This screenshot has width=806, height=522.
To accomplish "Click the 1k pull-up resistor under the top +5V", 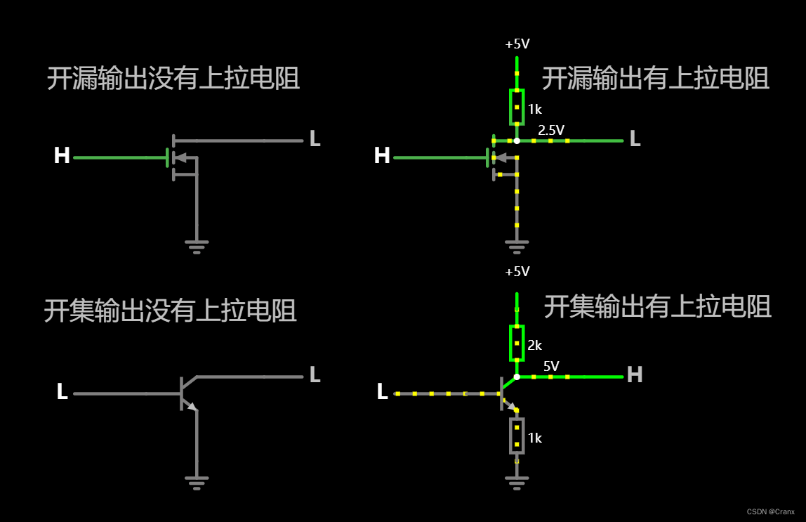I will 517,107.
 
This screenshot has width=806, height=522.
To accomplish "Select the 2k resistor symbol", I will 517,343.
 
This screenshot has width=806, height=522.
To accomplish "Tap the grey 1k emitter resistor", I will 517,436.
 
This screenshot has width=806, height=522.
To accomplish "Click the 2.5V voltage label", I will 551,130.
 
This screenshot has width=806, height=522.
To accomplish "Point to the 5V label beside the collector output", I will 551,366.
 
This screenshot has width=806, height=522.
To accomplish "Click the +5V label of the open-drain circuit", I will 517,44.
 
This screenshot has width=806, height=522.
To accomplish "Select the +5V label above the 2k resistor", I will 517,272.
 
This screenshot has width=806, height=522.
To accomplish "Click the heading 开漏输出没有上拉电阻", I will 173,78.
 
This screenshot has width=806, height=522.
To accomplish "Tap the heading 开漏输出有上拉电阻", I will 655,78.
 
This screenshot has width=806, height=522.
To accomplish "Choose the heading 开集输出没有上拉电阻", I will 171,310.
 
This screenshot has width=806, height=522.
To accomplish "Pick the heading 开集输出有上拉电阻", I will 657,306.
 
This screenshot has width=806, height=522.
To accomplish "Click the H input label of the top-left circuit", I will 62,156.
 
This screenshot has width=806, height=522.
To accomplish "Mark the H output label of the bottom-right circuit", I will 635,375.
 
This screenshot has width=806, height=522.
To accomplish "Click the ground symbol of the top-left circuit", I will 197,246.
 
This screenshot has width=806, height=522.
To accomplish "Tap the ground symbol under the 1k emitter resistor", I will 517,482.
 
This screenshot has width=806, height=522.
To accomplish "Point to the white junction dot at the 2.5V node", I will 517,141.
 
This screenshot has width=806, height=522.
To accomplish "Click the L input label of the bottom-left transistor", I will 62,392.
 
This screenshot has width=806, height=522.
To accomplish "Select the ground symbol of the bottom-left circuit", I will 197,482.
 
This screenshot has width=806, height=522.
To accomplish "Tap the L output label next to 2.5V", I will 635,139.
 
